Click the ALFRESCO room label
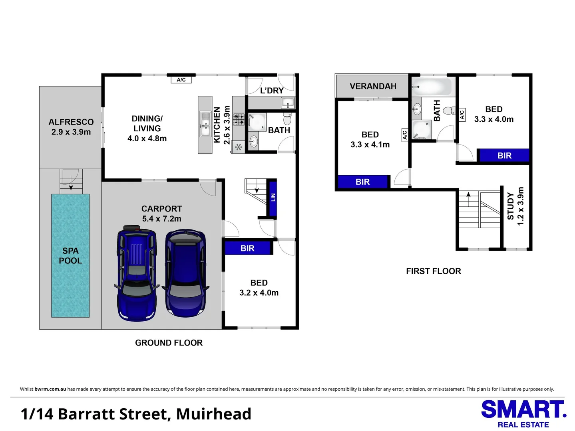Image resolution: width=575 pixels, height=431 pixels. (71, 122)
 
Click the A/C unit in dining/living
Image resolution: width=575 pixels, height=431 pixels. (181, 80)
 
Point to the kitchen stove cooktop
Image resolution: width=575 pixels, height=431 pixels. (239, 119)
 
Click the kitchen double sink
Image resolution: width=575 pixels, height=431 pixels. (205, 124)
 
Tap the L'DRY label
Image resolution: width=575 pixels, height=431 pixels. (272, 91)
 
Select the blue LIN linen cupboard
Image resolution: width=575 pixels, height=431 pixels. (273, 198)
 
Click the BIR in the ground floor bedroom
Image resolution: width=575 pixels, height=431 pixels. (248, 248)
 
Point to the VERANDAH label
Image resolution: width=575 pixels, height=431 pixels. (373, 86)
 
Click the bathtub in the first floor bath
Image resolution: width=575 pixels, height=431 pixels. (432, 86)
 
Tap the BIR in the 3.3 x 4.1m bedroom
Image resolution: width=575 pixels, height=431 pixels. (363, 182)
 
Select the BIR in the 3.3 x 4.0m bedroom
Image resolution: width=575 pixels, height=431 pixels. (504, 156)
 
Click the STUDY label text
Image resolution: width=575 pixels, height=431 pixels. (511, 206)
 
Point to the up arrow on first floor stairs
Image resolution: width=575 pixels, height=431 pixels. (468, 194)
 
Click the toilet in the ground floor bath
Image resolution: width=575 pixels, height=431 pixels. (287, 119)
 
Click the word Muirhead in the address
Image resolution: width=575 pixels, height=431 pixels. (214, 414)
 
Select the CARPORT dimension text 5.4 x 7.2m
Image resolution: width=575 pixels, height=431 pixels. (161, 219)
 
